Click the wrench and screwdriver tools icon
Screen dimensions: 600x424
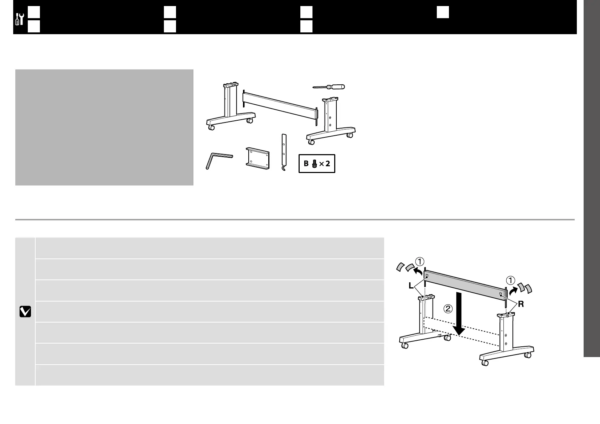pyautogui.click(x=20, y=19)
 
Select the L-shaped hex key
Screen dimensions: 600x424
pyautogui.click(x=217, y=161)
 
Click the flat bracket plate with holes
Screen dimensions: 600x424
pyautogui.click(x=257, y=158)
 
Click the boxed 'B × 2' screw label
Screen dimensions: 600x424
pyautogui.click(x=317, y=164)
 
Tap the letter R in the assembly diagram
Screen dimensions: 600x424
pyautogui.click(x=521, y=304)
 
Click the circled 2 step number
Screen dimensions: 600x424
pyautogui.click(x=448, y=308)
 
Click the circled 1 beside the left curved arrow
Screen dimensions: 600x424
pyautogui.click(x=420, y=262)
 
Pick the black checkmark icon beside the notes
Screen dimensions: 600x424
pyautogui.click(x=25, y=312)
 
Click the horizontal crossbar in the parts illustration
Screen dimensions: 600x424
pyautogui.click(x=280, y=105)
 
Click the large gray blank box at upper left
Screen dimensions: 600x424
pyautogui.click(x=104, y=127)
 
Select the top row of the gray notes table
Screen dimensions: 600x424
pyautogui.click(x=210, y=248)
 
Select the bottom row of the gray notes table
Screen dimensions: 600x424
pyautogui.click(x=210, y=375)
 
